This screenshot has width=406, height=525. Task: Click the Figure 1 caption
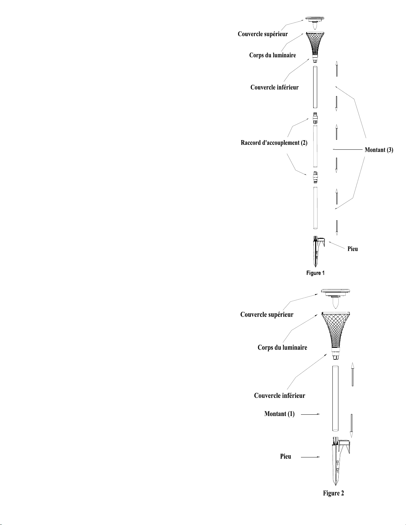click(315, 273)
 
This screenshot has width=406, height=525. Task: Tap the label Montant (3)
click(379, 150)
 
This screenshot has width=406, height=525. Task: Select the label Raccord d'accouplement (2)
click(274, 143)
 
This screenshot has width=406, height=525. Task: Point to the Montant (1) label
click(279, 414)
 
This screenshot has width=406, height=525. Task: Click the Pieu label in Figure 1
click(353, 249)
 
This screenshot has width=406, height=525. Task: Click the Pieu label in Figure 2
click(286, 456)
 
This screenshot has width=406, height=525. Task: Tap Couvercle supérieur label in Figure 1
click(263, 34)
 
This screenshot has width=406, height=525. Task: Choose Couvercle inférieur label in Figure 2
click(279, 395)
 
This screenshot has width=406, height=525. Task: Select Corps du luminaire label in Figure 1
click(272, 55)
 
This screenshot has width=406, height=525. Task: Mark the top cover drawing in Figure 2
click(335, 295)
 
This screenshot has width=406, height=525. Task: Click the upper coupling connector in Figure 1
click(315, 118)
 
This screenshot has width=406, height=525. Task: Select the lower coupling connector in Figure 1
click(315, 177)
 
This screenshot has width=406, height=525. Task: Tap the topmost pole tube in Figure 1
click(315, 87)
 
